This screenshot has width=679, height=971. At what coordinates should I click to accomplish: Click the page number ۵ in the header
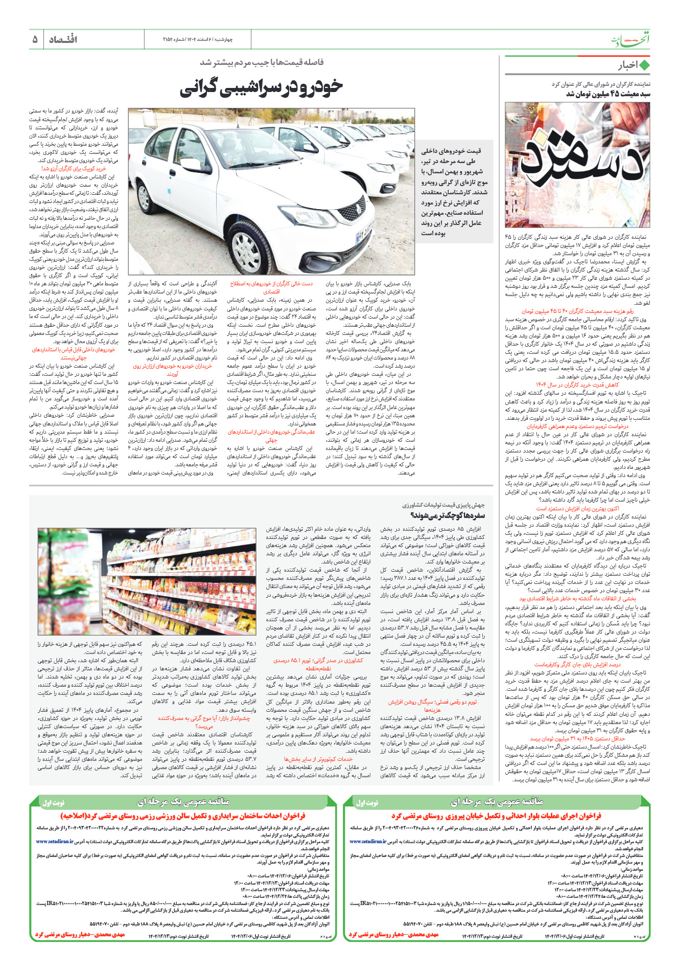tap(35, 39)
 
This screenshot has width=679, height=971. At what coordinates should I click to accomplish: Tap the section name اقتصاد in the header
tap(63, 39)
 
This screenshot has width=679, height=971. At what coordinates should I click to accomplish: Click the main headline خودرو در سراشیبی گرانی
tap(261, 87)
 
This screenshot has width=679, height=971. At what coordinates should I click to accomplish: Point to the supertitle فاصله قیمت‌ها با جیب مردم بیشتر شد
tap(261, 62)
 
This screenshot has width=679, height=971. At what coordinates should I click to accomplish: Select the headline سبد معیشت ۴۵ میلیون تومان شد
tap(608, 94)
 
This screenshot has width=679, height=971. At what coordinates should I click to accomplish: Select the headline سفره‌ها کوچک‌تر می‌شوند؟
tap(448, 515)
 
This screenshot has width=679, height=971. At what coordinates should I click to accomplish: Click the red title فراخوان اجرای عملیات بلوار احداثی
tap(496, 816)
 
